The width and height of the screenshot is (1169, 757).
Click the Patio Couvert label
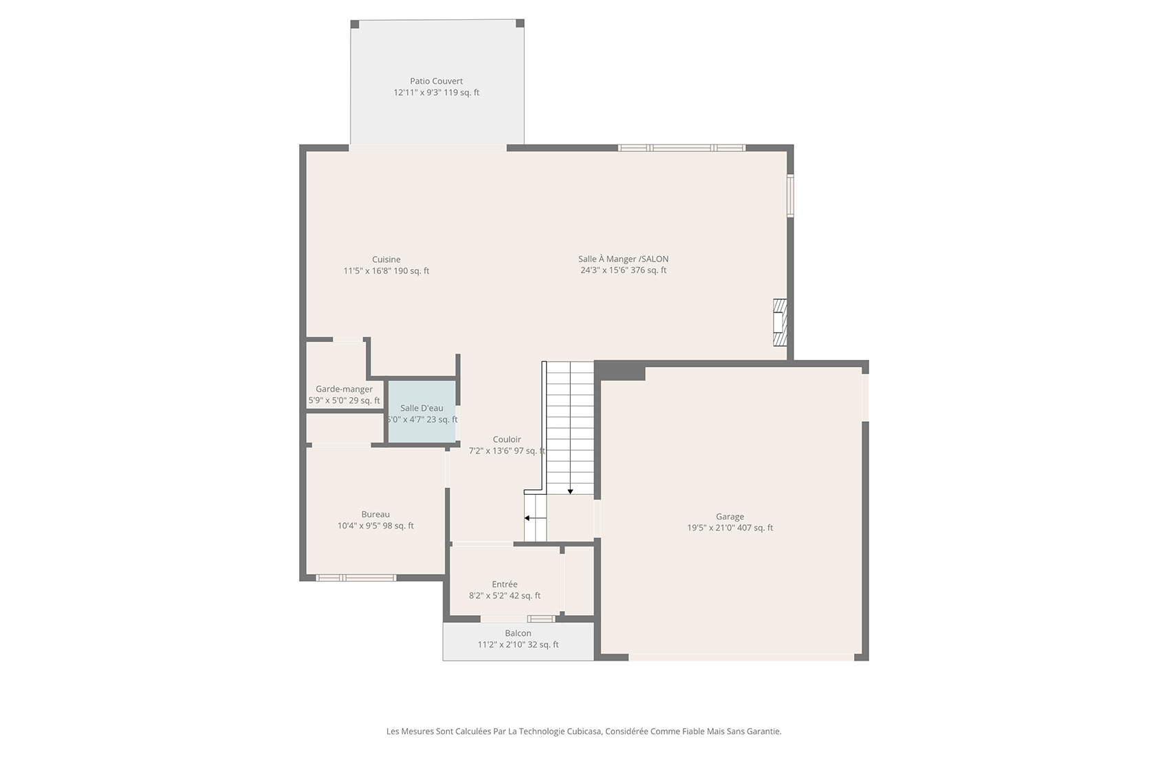[x=436, y=81]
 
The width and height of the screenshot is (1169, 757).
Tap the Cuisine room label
[x=386, y=259]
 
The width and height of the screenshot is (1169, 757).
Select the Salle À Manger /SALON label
[x=623, y=259]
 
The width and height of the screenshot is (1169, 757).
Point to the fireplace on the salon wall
[x=780, y=322]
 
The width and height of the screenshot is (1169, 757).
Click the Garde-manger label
[x=344, y=390]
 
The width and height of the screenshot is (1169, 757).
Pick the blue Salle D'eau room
[x=422, y=411]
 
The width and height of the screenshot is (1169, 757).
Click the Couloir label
[x=507, y=439]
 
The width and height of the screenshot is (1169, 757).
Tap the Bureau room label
[x=375, y=515]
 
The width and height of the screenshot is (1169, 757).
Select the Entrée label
[x=505, y=584]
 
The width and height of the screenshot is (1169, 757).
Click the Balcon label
[x=518, y=633]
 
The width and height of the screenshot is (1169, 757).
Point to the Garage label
[x=730, y=517]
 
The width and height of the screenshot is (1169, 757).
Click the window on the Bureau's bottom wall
[x=356, y=578]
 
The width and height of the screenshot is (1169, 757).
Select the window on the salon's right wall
[x=790, y=195]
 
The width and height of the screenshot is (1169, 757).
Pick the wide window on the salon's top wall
[x=681, y=148]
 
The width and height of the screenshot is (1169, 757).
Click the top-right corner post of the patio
[x=520, y=23]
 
